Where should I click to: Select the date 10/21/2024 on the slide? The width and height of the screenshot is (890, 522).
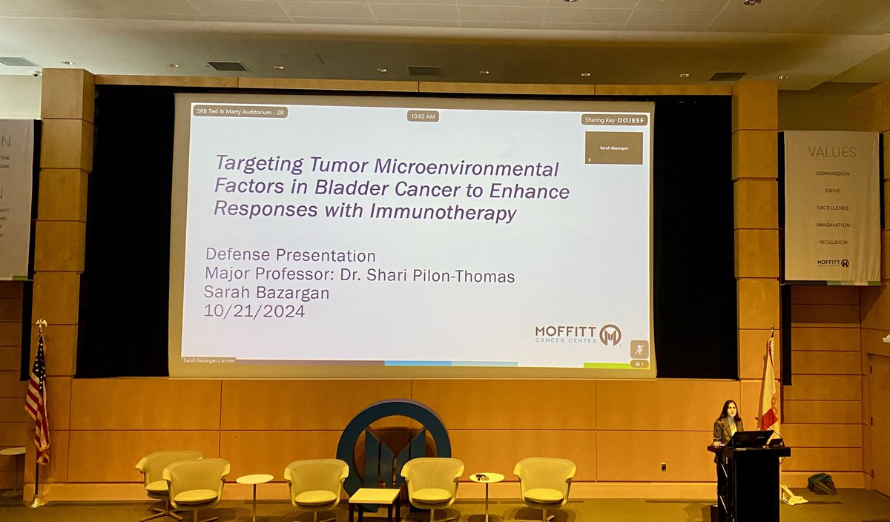pos(254,311)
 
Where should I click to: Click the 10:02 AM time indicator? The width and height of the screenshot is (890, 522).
pos(423,116)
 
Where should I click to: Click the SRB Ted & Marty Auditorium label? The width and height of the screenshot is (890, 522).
pos(240,112)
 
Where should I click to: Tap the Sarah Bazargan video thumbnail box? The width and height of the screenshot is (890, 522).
pos(613,148)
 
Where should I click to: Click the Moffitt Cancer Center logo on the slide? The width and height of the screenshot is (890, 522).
pos(578,334)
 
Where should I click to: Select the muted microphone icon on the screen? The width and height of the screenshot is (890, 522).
pos(638,349)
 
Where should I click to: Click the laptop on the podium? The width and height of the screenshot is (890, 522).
pos(751,439)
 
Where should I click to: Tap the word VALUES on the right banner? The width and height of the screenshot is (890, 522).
pos(831,152)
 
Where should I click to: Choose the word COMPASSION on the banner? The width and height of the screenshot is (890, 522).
pos(832,174)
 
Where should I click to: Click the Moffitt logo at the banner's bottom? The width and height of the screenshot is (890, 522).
pos(832,262)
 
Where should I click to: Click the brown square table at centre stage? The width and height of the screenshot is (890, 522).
pos(375,501)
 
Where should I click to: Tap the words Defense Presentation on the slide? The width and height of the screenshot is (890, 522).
pos(290,256)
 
